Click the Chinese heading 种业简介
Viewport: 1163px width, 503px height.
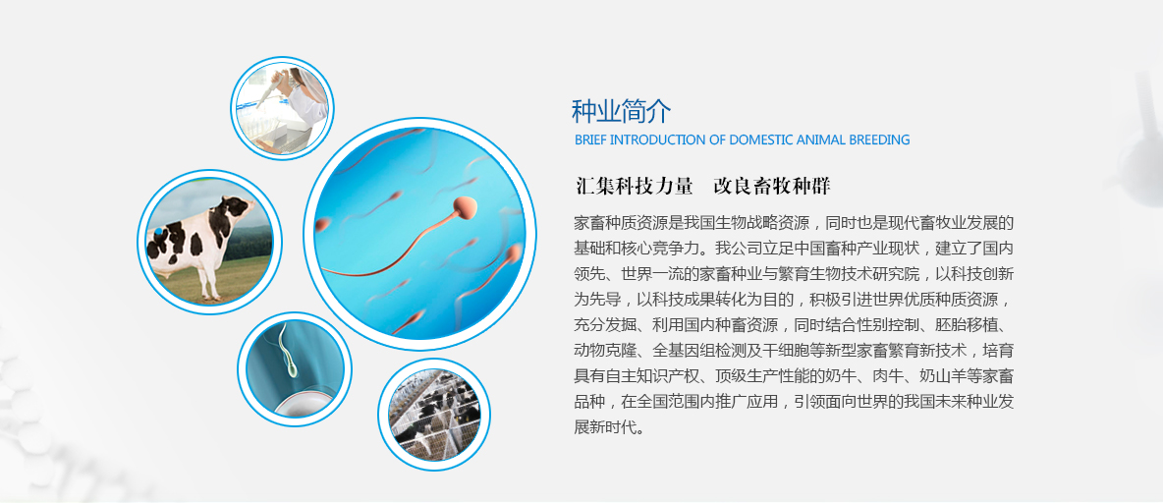[622, 111]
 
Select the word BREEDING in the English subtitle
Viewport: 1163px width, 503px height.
[880, 140]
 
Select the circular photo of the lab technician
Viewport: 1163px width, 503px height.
[282, 108]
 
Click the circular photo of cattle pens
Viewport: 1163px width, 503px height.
[434, 415]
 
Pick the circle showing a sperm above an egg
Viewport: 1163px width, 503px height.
[295, 369]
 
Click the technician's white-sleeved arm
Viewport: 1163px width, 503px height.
[307, 104]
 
